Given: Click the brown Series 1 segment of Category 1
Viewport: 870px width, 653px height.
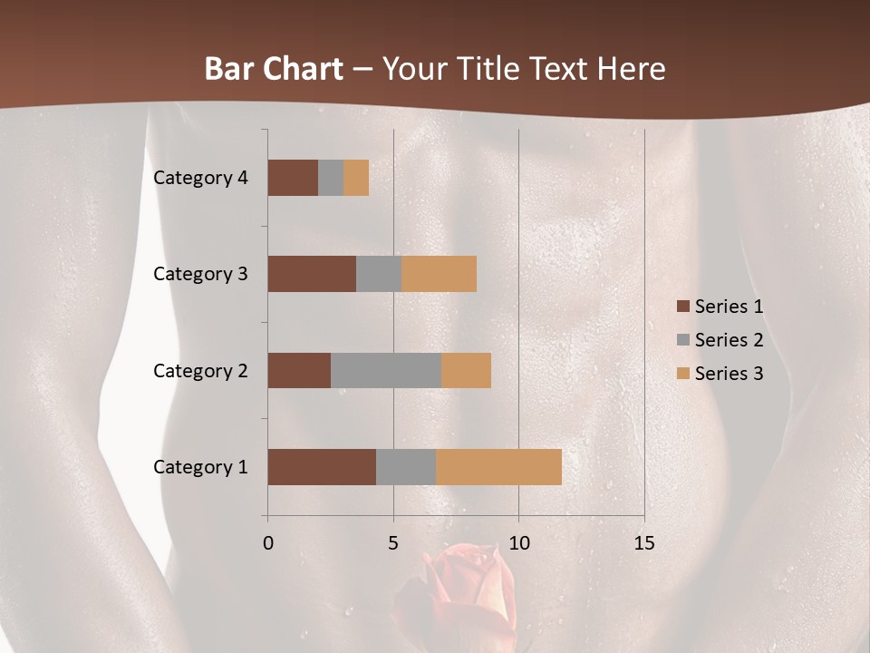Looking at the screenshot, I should pyautogui.click(x=322, y=467).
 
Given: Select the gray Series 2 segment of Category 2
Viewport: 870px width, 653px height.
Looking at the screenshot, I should pyautogui.click(x=386, y=370).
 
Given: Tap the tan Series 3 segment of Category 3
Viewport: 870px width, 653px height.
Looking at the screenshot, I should pyautogui.click(x=439, y=274).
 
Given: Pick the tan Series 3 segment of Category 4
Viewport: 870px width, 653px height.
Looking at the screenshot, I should pyautogui.click(x=356, y=178).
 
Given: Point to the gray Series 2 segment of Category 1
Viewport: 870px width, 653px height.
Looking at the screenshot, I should pyautogui.click(x=406, y=467).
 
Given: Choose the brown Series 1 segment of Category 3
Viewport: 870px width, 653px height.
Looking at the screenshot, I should pyautogui.click(x=312, y=274).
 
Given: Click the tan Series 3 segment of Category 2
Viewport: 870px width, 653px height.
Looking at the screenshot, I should pyautogui.click(x=466, y=370).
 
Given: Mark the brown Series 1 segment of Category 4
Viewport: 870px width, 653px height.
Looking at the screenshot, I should pyautogui.click(x=293, y=178).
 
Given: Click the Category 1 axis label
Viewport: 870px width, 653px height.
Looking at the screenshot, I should pyautogui.click(x=200, y=467).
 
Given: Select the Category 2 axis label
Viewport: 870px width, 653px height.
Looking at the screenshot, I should pyautogui.click(x=200, y=370).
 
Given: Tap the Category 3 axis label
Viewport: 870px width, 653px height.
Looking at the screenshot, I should pyautogui.click(x=200, y=274).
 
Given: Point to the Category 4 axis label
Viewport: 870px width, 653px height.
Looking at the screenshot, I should pyautogui.click(x=200, y=178).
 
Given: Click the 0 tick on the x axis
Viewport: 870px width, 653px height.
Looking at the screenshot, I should pyautogui.click(x=268, y=543).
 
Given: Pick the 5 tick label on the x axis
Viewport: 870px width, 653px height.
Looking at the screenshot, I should pyautogui.click(x=393, y=543).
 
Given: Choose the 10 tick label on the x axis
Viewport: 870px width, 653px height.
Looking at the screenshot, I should pyautogui.click(x=518, y=543).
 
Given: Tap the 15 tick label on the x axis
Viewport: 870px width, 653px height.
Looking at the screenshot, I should pyautogui.click(x=643, y=543).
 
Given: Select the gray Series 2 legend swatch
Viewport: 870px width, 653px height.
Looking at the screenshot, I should pyautogui.click(x=682, y=341).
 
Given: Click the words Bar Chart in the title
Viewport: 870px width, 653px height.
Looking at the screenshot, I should pyautogui.click(x=273, y=69).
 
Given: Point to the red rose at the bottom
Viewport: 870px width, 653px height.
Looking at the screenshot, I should pyautogui.click(x=462, y=590).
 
